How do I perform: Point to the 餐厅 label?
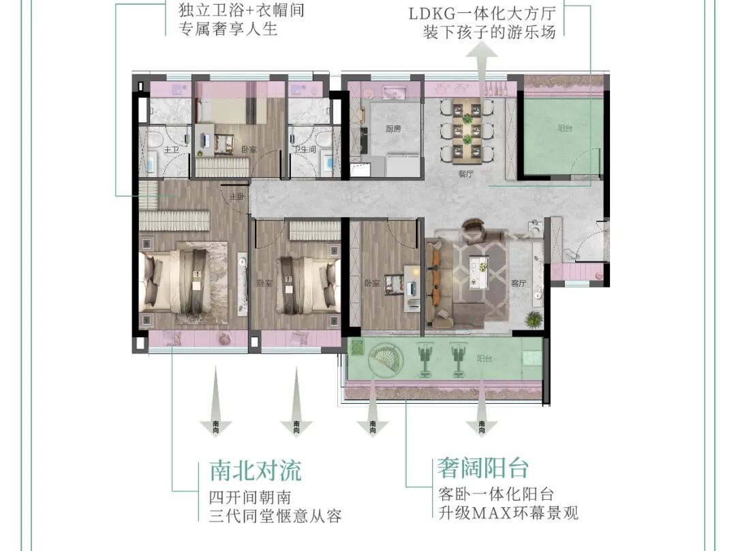(465, 173)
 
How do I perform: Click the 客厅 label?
(519, 283)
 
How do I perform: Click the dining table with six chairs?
(467, 129)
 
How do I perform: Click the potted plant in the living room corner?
(533, 318)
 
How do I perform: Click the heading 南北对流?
(255, 470)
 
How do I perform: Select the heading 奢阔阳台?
(483, 469)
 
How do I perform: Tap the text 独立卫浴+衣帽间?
(232, 11)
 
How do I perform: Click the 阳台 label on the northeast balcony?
(564, 128)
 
